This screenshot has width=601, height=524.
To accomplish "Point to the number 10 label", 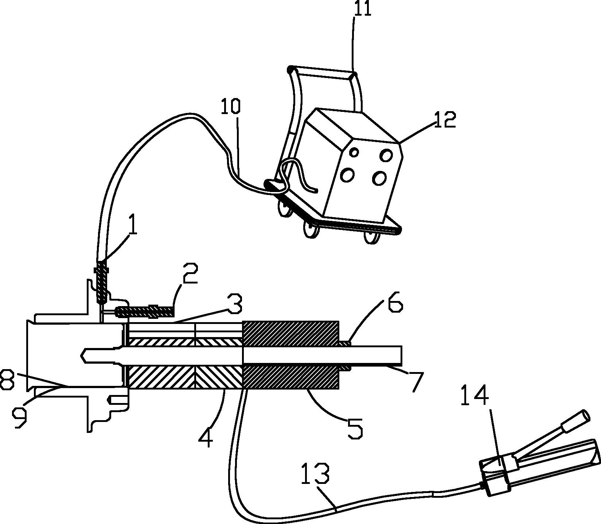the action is click(231, 106).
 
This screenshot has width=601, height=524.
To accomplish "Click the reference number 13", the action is click(316, 463).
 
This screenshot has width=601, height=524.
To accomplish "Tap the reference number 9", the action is click(19, 418).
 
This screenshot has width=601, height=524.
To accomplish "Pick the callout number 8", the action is click(8, 380).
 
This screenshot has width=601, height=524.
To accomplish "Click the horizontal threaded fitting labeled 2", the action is click(145, 312).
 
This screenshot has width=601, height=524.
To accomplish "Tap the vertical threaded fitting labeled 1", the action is click(102, 282).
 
